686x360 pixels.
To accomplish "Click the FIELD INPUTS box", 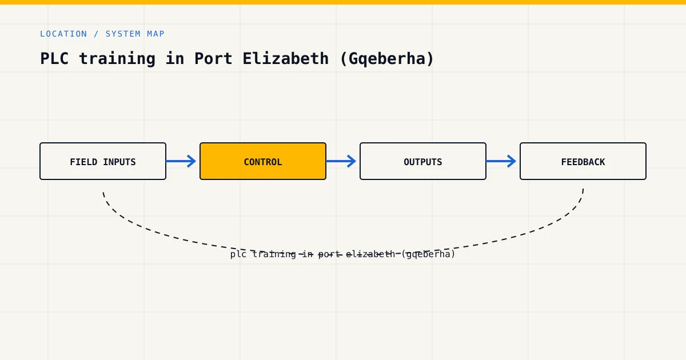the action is (x=103, y=161).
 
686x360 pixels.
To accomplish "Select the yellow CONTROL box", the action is (x=263, y=161).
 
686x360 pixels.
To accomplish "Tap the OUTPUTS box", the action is (x=423, y=161).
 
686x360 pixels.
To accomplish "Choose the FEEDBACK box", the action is (x=583, y=161).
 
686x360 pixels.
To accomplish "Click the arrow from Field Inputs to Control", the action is (x=181, y=161).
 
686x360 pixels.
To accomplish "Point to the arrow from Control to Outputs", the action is (x=341, y=161).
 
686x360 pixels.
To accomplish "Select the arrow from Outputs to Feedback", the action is (x=501, y=161).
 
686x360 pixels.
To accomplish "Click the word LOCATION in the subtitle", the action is (x=63, y=34).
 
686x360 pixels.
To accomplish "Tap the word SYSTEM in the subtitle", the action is (x=123, y=34).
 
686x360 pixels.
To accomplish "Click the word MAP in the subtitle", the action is (x=156, y=34).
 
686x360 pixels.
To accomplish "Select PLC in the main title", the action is (x=54, y=58).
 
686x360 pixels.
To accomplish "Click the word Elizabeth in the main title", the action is (x=285, y=58).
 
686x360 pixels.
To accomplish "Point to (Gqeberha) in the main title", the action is (x=387, y=59).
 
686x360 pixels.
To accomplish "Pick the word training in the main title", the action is (x=117, y=59).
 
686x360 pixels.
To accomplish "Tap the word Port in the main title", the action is (x=213, y=58).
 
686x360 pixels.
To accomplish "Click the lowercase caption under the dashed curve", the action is (x=342, y=254).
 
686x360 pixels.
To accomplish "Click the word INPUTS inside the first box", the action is (x=119, y=162).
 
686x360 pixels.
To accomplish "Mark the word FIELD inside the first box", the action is (x=83, y=162).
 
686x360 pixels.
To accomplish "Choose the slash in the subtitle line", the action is (x=97, y=34).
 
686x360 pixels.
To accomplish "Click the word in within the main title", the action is (x=175, y=58).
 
